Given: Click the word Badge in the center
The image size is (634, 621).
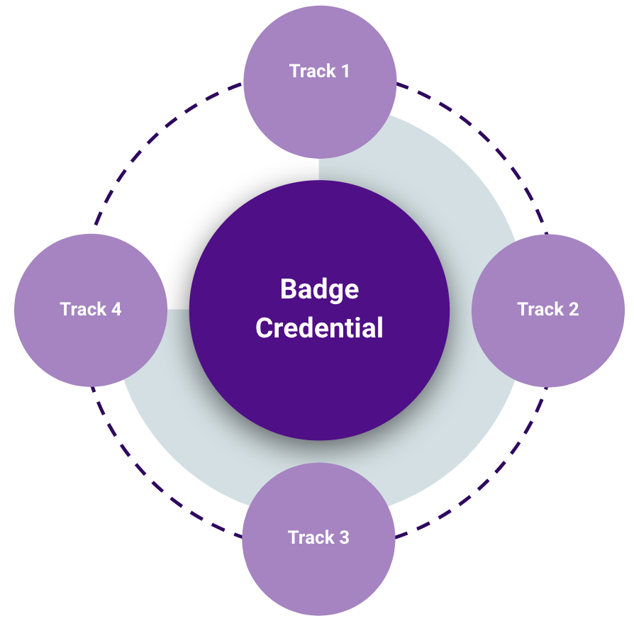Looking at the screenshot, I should [319, 289].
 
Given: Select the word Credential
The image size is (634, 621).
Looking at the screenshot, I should [319, 328].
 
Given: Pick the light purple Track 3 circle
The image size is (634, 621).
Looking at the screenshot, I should [318, 567].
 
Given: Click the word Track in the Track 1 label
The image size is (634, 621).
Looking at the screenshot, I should [312, 71].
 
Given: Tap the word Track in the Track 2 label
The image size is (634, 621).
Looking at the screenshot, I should [540, 309].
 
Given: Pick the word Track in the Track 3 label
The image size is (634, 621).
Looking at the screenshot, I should [311, 537].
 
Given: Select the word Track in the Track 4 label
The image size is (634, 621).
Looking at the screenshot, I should [82, 310].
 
